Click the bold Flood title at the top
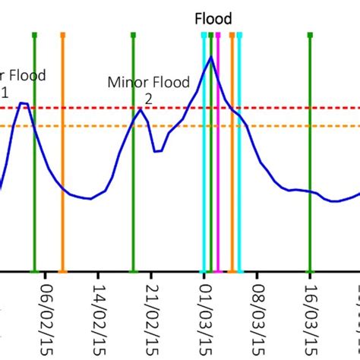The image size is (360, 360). click(213, 19)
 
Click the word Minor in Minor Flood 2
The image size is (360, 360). click(125, 82)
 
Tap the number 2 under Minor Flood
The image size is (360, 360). click(148, 99)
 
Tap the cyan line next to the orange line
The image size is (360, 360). click(239, 190)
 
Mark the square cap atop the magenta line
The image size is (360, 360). click(219, 35)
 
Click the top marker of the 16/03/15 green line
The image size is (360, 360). click(310, 35)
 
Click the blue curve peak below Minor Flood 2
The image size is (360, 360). click(140, 110)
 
